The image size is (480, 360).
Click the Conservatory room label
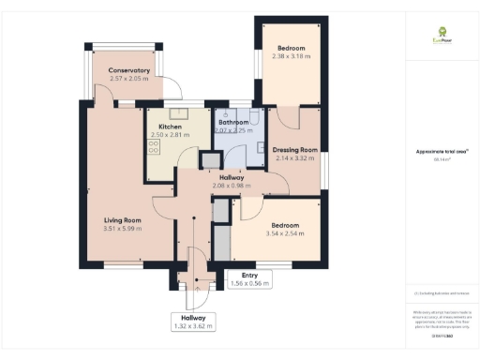[128, 71]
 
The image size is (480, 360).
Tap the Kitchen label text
[170, 127]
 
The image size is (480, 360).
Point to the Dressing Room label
[295, 150]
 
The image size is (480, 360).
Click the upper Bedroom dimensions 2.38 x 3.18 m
[292, 55]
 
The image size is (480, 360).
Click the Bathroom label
[232, 122]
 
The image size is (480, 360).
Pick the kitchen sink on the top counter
[179, 113]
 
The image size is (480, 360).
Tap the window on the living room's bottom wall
[123, 265]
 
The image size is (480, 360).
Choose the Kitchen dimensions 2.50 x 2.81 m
[170, 135]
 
